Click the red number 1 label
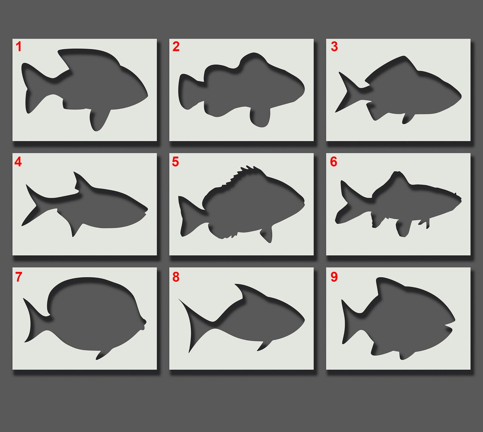click(19, 47)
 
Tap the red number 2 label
click(176, 47)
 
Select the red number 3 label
click(334, 47)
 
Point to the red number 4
click(18, 162)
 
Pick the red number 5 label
click(175, 162)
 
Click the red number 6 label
click(334, 162)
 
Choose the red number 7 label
click(18, 277)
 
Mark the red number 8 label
click(176, 277)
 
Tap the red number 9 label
click(334, 277)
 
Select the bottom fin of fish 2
click(261, 117)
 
